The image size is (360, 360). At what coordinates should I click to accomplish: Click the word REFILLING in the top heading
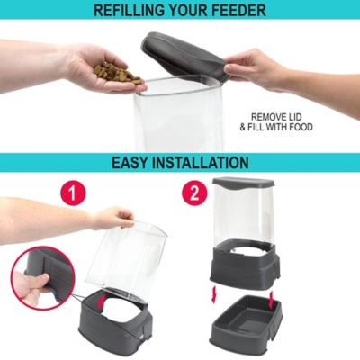pos(137,11)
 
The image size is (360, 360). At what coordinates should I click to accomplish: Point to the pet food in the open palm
pos(115,72)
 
